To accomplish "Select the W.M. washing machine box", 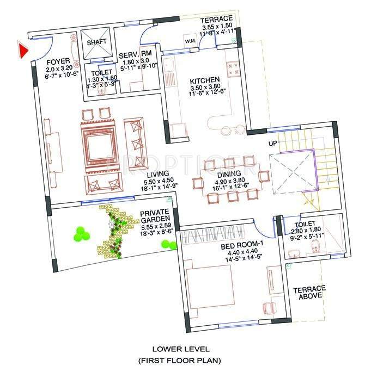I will point(191,41).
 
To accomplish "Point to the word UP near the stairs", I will point(273,144).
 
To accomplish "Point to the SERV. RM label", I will point(138,54).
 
